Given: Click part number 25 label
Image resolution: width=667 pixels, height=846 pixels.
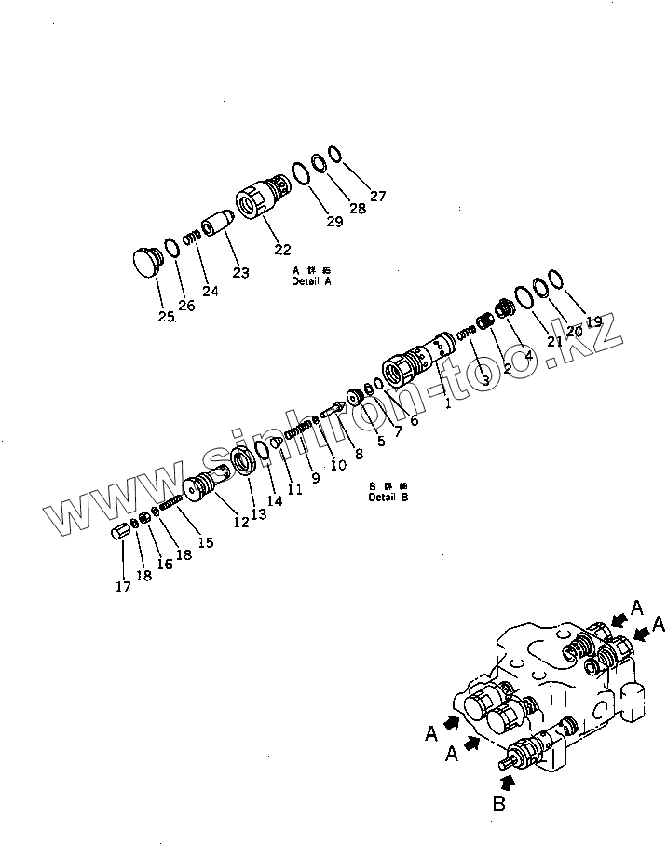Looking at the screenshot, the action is (166, 317).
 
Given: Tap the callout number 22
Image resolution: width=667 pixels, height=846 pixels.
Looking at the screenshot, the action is (282, 249).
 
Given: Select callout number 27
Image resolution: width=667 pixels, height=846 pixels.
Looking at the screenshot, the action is (377, 196).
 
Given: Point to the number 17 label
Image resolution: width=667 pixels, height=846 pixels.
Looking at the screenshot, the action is (123, 586).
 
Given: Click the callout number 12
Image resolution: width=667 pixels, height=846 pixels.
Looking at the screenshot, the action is (241, 523).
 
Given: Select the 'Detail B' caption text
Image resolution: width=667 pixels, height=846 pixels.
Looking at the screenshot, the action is (388, 498).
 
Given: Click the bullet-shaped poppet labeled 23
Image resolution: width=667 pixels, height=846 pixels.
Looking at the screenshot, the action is (221, 225).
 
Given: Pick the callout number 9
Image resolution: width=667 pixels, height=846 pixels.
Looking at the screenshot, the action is (315, 478).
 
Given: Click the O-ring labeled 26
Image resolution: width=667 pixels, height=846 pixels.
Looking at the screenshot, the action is (172, 249).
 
